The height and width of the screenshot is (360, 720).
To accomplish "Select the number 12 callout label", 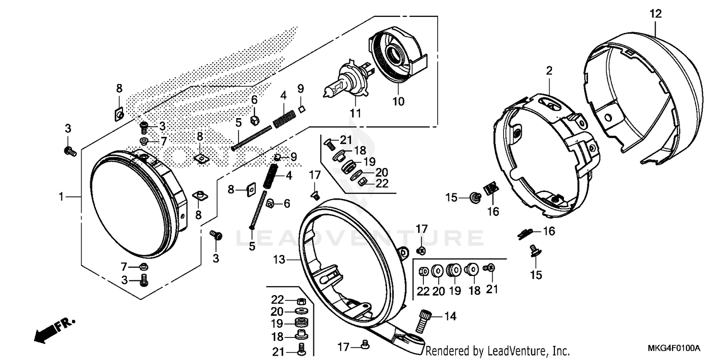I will [x=655, y=14].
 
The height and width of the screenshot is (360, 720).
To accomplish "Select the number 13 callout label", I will [x=279, y=260].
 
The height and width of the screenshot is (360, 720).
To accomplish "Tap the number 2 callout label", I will [x=549, y=71].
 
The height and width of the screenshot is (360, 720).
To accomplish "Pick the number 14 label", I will [x=450, y=316].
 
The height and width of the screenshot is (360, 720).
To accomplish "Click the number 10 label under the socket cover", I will [x=398, y=101].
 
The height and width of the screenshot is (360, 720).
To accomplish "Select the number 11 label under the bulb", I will [x=355, y=113].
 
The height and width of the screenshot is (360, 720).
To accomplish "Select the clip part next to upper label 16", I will [x=490, y=189].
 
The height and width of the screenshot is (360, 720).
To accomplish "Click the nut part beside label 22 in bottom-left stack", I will [x=302, y=300].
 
